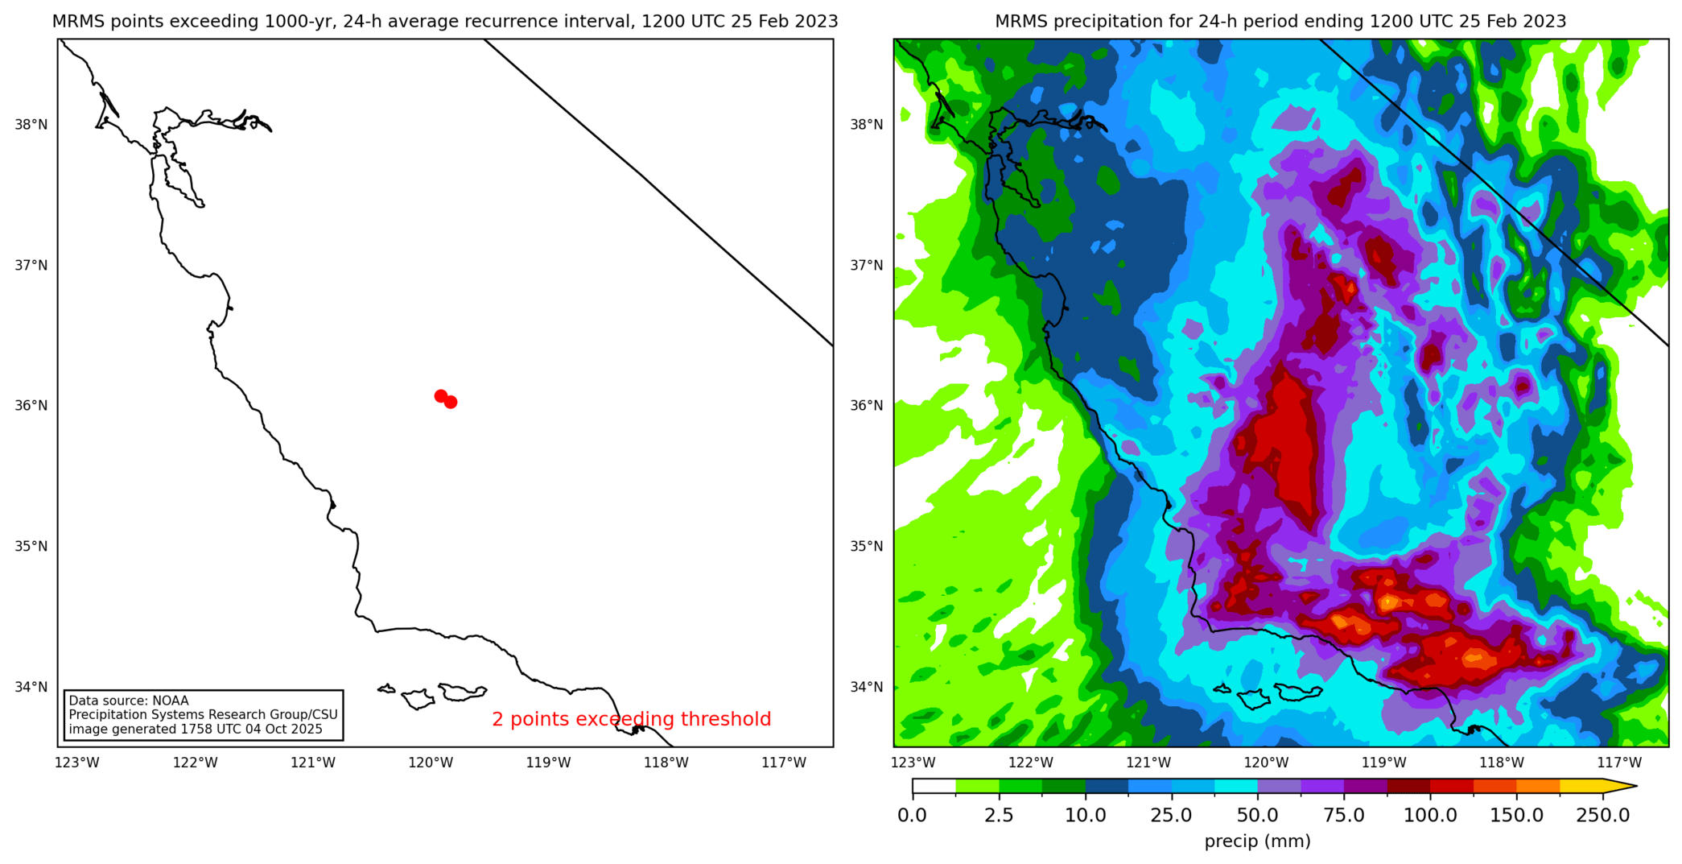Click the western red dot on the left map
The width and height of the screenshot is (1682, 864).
pyautogui.click(x=440, y=396)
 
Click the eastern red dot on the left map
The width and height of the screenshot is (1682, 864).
pyautogui.click(x=451, y=402)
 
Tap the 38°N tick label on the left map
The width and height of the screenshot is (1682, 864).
pyautogui.click(x=31, y=125)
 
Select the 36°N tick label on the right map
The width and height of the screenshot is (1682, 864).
pyautogui.click(x=867, y=406)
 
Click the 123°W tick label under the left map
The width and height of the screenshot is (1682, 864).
pyautogui.click(x=77, y=763)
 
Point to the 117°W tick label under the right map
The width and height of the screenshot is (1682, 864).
pyautogui.click(x=1619, y=763)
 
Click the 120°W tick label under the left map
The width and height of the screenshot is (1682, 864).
pyautogui.click(x=431, y=763)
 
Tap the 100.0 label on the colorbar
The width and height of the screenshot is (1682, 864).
pyautogui.click(x=1430, y=815)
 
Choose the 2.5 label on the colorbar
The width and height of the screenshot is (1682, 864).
pyautogui.click(x=999, y=815)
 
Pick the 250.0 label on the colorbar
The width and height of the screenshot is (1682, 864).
pyautogui.click(x=1602, y=815)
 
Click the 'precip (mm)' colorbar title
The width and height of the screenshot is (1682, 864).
pyautogui.click(x=1257, y=841)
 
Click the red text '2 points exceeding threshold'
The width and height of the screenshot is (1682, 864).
pyautogui.click(x=631, y=719)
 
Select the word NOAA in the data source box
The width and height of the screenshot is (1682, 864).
pyautogui.click(x=170, y=701)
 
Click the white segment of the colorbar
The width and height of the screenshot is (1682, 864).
pyautogui.click(x=934, y=786)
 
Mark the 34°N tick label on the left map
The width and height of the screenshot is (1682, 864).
pyautogui.click(x=31, y=687)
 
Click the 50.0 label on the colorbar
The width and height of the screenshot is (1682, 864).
pyautogui.click(x=1257, y=815)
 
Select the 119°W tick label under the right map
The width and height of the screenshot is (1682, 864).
pyautogui.click(x=1383, y=763)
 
